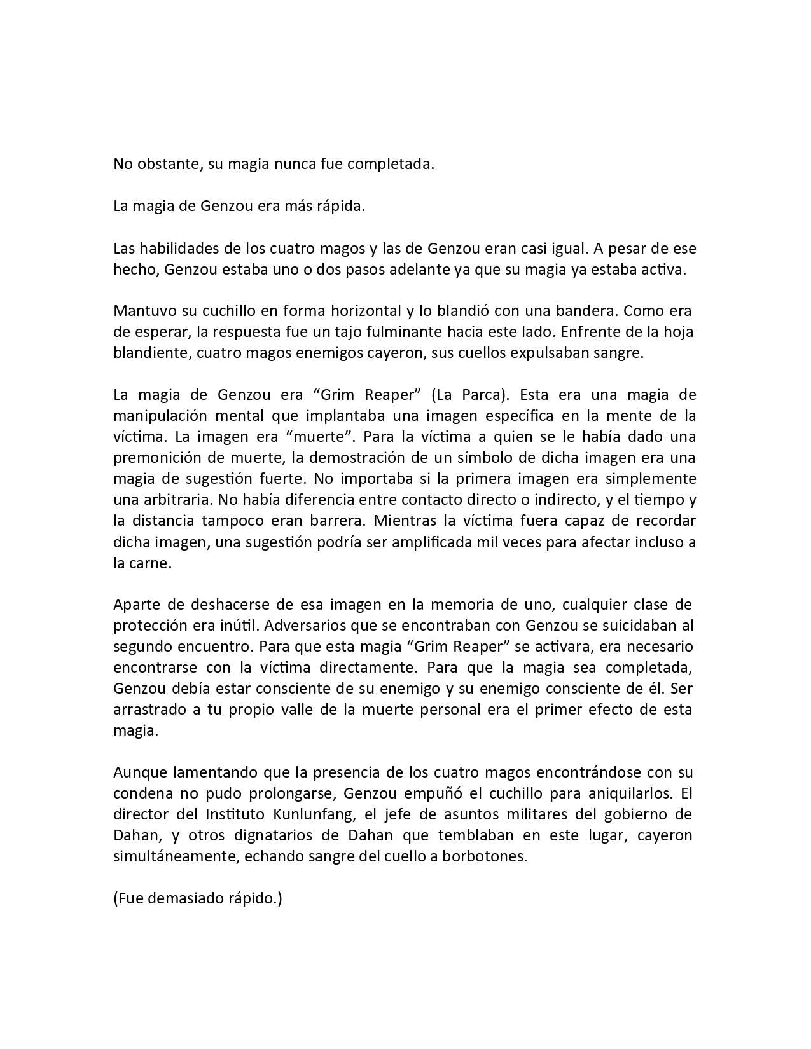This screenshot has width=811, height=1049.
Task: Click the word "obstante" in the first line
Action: coord(162,164)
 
